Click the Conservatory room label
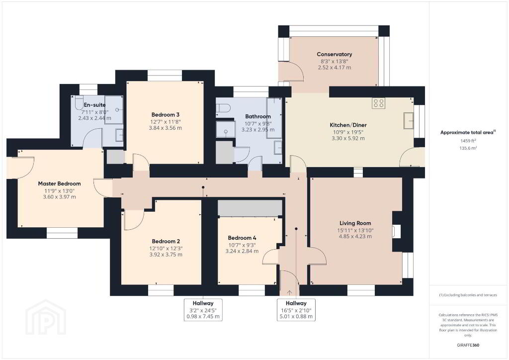point(335,54)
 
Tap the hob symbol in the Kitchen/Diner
point(378,103)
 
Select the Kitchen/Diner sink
point(409,120)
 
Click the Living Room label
point(355,223)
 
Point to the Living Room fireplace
point(397,232)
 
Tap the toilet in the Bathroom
point(223,107)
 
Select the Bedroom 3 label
point(165,114)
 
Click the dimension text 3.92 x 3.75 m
point(166,255)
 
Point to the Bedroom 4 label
point(242,238)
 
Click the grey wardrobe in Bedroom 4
point(250,208)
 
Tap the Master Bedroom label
point(60,183)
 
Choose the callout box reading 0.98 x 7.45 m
point(203,310)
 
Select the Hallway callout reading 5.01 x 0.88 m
point(296,310)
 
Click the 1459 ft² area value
point(468,141)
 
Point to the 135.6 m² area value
point(468,148)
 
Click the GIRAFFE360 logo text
point(468,345)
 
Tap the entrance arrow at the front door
point(289,293)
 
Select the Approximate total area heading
point(468,132)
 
